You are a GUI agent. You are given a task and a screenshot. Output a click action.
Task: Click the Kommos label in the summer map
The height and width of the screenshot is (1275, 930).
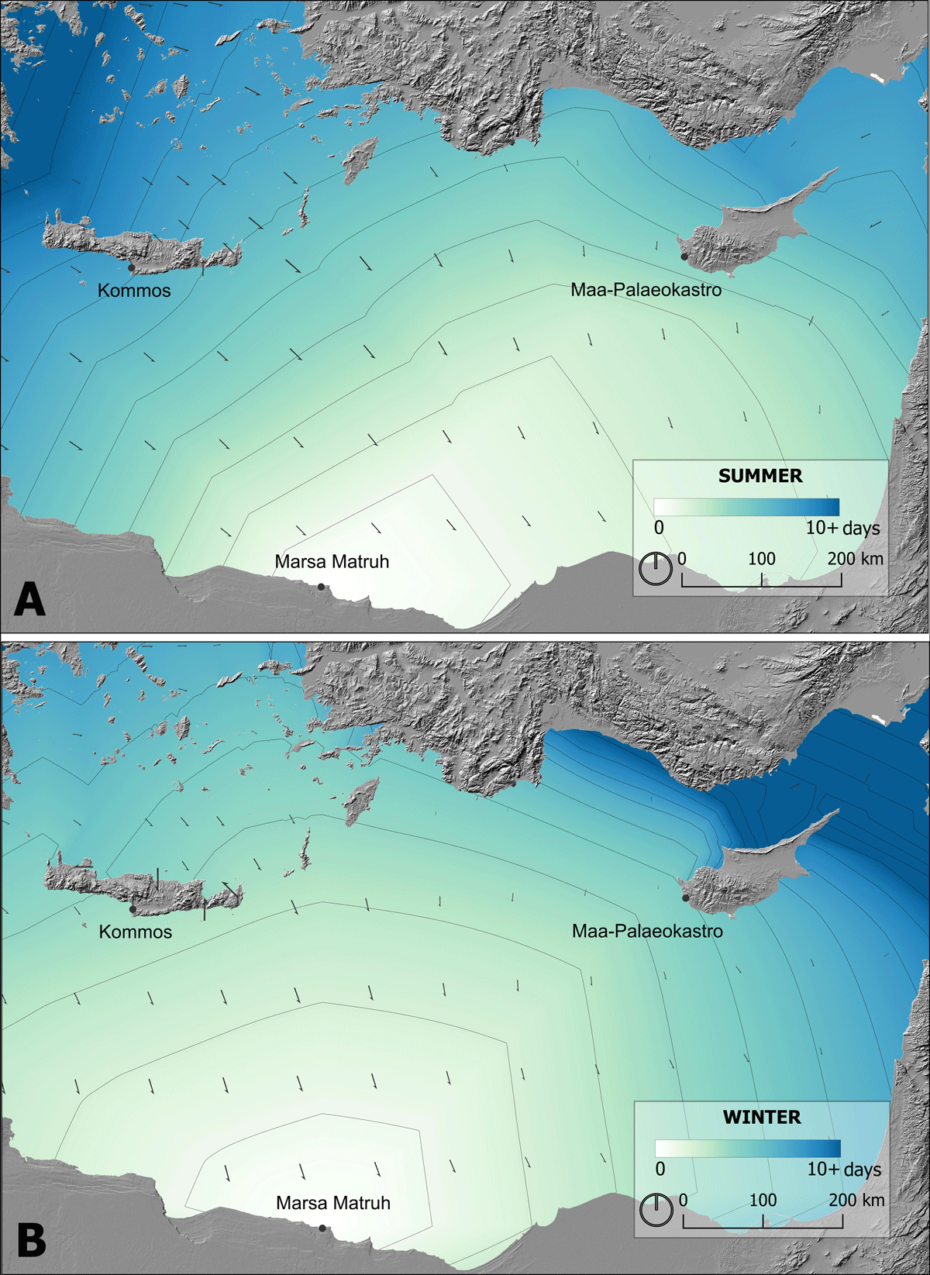pos(134,291)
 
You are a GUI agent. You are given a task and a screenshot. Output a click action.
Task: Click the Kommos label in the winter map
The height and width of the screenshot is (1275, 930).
pos(136,932)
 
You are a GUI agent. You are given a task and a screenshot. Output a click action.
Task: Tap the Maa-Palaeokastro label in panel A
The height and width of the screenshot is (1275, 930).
pos(646,290)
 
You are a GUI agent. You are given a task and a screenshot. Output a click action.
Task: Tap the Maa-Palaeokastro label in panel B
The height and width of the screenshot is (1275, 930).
pos(647,931)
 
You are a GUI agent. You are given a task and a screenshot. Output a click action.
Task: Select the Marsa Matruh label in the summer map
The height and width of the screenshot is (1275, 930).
pos(332,561)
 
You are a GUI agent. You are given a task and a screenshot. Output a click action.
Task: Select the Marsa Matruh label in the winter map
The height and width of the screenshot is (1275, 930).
pos(333,1203)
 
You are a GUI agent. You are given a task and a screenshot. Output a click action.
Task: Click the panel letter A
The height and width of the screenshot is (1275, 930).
pos(29,599)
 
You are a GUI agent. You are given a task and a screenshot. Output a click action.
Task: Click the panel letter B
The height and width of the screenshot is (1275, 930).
pos(31,1240)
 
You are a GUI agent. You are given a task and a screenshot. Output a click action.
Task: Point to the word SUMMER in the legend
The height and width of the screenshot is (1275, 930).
pos(760,476)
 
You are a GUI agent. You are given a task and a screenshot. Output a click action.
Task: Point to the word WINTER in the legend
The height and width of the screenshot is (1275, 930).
pos(762,1117)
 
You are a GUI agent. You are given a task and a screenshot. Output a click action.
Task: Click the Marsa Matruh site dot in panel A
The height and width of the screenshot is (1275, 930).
pos(321,587)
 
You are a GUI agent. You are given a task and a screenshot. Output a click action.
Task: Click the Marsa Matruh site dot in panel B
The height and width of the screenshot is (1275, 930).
pos(322,1228)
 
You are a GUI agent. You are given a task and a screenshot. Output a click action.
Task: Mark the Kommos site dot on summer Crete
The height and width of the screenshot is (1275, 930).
pos(131,268)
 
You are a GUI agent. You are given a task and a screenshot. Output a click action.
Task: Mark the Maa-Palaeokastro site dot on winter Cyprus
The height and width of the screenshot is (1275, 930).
pos(685,898)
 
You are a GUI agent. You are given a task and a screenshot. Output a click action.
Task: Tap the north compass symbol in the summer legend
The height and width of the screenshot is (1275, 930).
pos(656,568)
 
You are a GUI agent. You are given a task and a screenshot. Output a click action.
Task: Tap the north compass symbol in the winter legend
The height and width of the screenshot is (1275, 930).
pos(657,1210)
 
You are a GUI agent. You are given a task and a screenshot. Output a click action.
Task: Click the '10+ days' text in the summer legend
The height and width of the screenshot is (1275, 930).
pos(843,528)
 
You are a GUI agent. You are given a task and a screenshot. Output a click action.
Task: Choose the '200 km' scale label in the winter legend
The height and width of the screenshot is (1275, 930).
pos(856,1200)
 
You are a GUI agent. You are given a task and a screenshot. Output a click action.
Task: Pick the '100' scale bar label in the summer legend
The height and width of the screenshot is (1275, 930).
pos(762,559)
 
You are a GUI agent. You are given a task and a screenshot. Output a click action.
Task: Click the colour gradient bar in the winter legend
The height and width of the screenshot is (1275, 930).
pos(748,1148)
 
